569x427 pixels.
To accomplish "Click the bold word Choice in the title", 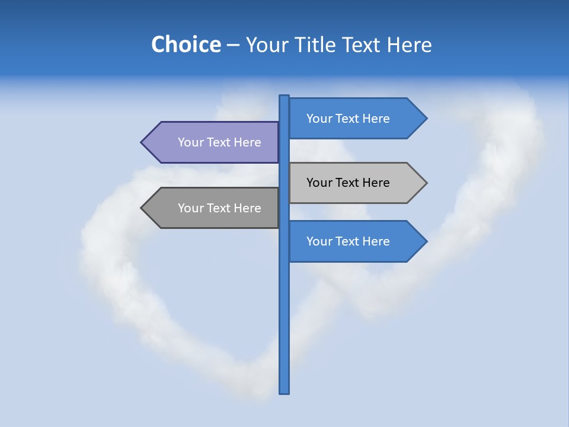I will [x=186, y=44].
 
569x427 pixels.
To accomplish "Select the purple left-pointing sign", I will [x=213, y=142].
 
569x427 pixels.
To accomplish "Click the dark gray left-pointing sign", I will [x=213, y=208].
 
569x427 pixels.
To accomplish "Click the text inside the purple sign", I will [x=219, y=142].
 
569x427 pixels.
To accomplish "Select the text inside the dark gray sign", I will [x=219, y=208].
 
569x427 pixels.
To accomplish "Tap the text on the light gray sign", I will [x=348, y=183].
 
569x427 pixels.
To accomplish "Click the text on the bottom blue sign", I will [x=348, y=241].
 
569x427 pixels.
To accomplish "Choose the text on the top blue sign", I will [x=348, y=119].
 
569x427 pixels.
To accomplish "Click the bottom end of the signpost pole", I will [x=284, y=391].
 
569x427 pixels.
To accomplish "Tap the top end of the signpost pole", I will [x=284, y=97].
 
